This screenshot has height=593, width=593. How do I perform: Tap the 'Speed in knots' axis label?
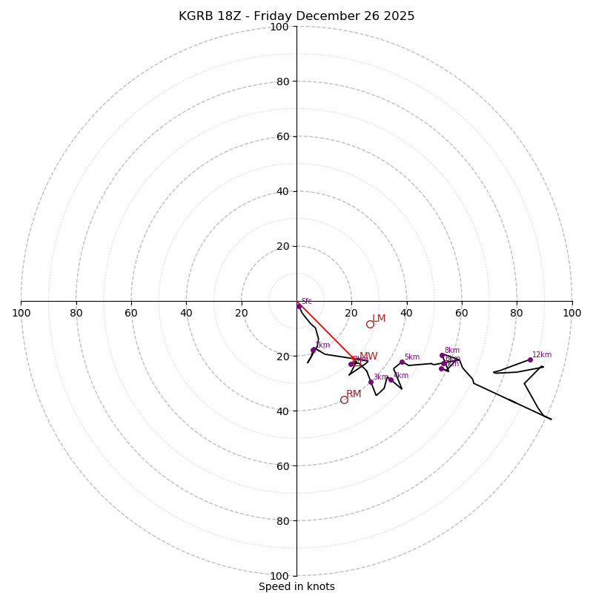point(296,586)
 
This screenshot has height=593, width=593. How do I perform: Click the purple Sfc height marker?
point(299,305)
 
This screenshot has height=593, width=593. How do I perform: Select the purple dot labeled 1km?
point(313,350)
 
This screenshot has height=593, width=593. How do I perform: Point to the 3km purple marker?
point(371,382)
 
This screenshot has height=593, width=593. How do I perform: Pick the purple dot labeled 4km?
point(391,380)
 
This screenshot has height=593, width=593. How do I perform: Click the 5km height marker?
point(402,362)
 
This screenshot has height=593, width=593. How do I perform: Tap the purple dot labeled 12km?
point(530,360)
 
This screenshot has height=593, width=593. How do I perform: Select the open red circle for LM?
point(370,324)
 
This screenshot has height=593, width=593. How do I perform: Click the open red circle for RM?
point(344,400)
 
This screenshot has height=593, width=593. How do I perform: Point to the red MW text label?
point(368,357)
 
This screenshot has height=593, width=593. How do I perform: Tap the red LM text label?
point(379,319)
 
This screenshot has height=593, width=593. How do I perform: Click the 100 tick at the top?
point(279,27)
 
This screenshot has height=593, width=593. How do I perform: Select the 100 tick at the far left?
point(21,313)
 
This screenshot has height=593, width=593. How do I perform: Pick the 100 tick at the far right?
point(572,313)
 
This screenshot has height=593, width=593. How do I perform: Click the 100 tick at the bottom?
point(279,575)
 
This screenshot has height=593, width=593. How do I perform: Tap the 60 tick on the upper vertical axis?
point(282,136)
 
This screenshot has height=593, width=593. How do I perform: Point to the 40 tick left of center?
point(186,313)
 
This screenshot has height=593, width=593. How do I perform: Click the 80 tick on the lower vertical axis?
point(282,520)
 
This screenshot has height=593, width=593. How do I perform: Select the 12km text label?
point(542,354)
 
